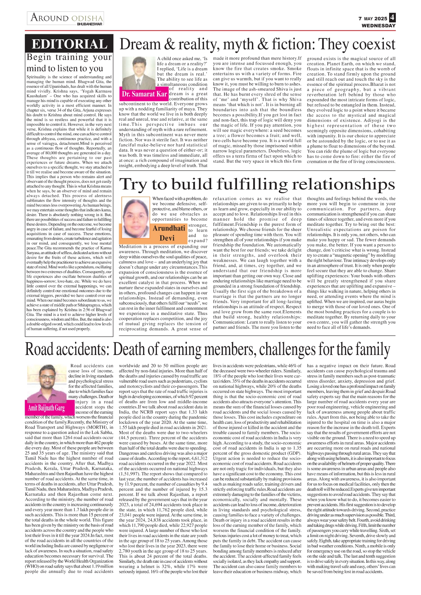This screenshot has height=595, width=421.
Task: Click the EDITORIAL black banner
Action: click(x=69, y=44)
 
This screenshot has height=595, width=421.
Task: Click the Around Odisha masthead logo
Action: click(x=66, y=18)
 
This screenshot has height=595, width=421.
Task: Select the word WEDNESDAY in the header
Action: click(x=379, y=25)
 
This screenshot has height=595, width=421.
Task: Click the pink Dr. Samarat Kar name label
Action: click(x=144, y=94)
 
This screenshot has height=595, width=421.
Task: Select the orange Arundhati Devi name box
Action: click(x=169, y=233)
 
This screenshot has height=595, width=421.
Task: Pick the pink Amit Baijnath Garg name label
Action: click(x=47, y=408)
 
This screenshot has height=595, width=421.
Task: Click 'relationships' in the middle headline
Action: click(x=343, y=184)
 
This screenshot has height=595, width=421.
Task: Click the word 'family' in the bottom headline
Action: click(x=372, y=349)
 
